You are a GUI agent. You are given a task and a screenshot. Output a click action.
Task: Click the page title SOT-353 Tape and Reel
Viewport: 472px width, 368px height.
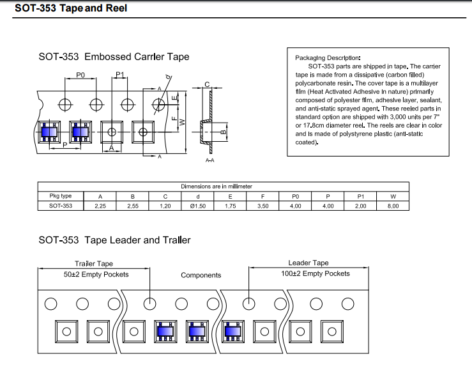[x=71, y=8]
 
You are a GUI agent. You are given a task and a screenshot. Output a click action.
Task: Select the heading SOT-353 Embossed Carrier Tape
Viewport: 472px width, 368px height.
[x=114, y=57]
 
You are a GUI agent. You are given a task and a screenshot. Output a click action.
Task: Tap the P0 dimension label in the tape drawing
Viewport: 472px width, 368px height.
[x=80, y=75]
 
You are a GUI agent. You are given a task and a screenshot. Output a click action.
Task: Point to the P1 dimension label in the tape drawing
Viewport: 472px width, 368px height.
[x=119, y=75]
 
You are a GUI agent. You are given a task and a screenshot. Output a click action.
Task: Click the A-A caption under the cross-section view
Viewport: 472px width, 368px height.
[x=209, y=160]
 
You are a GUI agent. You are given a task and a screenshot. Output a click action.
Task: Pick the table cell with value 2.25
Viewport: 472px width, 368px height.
[x=100, y=206]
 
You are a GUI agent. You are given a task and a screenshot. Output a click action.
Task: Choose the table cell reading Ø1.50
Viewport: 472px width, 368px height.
[x=197, y=206]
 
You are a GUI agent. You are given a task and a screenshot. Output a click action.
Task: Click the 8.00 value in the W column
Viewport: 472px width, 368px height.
[x=393, y=206]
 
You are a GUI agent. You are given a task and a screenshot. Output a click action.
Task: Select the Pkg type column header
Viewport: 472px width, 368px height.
[x=61, y=196]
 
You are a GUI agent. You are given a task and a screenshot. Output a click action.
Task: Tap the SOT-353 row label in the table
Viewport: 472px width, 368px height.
[x=61, y=206]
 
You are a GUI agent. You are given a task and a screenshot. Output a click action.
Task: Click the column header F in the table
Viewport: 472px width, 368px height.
[x=263, y=196]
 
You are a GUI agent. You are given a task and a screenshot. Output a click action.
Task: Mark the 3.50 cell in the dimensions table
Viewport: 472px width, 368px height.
[x=263, y=206]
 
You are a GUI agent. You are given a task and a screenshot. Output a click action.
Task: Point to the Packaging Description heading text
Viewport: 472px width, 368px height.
[x=328, y=57]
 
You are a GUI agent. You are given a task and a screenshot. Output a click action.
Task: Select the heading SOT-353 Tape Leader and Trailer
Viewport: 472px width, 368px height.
[x=114, y=240]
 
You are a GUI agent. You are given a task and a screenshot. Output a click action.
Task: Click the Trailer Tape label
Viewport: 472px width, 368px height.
[x=94, y=263]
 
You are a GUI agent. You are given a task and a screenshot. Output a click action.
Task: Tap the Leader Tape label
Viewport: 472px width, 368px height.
[x=308, y=263]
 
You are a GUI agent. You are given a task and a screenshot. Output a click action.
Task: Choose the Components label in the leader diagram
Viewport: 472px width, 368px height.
[x=201, y=275]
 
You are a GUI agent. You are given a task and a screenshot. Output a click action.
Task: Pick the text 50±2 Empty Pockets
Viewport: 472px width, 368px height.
[x=96, y=274]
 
